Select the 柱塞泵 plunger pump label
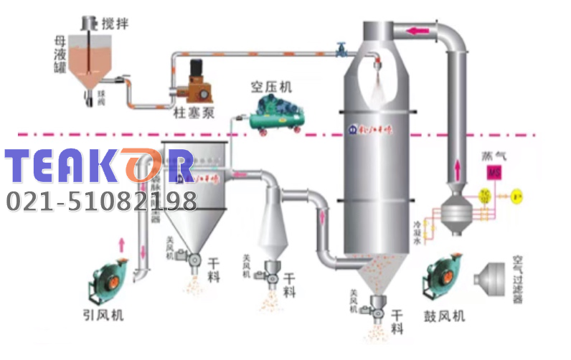(192, 113)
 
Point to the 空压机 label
(271, 87)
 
